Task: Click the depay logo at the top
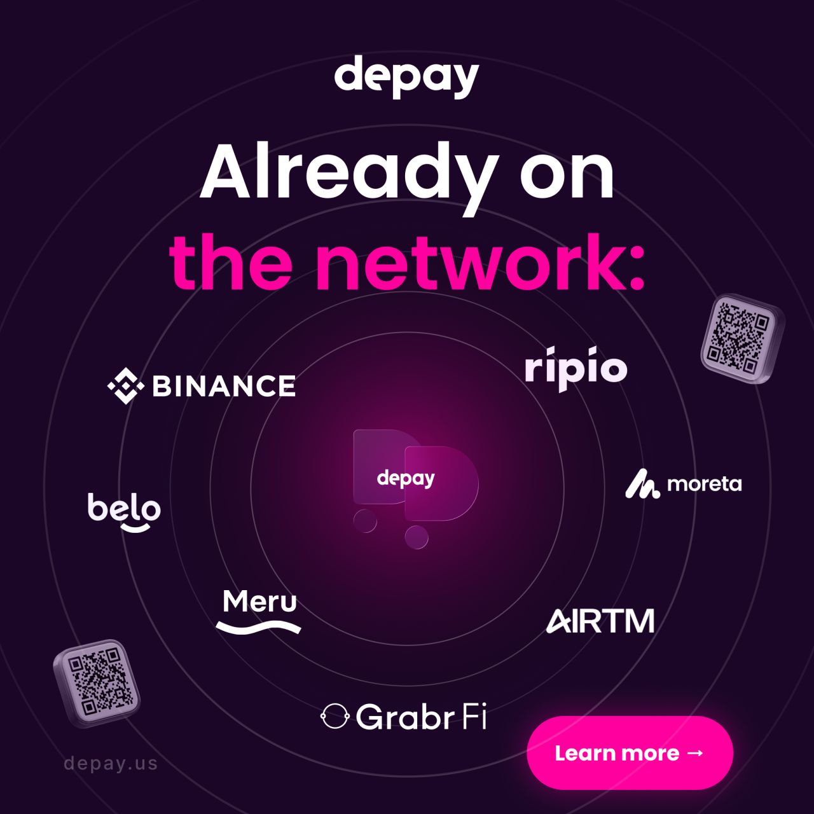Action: pyautogui.click(x=406, y=78)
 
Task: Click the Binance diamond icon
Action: pyautogui.click(x=126, y=386)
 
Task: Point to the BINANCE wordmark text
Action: pyautogui.click(x=224, y=386)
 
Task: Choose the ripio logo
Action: pyautogui.click(x=576, y=368)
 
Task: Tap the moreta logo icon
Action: pyautogui.click(x=642, y=484)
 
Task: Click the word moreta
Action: pyautogui.click(x=704, y=484)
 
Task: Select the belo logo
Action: pyautogui.click(x=124, y=512)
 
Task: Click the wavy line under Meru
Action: pyautogui.click(x=259, y=628)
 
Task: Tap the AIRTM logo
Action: pyautogui.click(x=600, y=621)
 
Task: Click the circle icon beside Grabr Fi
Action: pyautogui.click(x=334, y=717)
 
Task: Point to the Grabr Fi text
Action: pyautogui.click(x=421, y=717)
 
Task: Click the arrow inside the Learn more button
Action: pyautogui.click(x=695, y=753)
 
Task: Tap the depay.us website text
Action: pyautogui.click(x=111, y=763)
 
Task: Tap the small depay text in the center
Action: pyautogui.click(x=406, y=479)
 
